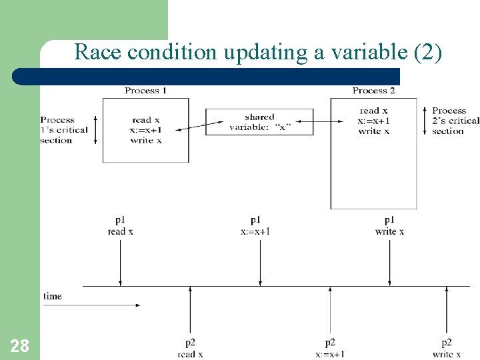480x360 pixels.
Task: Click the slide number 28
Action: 20,345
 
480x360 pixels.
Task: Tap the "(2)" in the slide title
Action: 427,51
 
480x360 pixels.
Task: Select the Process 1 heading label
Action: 145,91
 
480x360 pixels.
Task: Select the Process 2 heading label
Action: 373,91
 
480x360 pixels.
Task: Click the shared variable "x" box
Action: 259,122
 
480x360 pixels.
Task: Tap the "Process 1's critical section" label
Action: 64,130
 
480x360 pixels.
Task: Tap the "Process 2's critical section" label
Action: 455,121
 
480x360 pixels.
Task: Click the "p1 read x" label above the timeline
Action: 120,225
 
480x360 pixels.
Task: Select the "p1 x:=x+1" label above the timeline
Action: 255,225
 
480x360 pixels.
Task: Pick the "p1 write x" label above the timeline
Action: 389,225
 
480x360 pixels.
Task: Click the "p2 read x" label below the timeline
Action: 190,349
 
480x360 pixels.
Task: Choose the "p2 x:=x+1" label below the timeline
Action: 330,349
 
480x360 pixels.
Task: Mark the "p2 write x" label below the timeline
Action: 447,349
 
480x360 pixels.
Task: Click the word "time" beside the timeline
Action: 53,296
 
